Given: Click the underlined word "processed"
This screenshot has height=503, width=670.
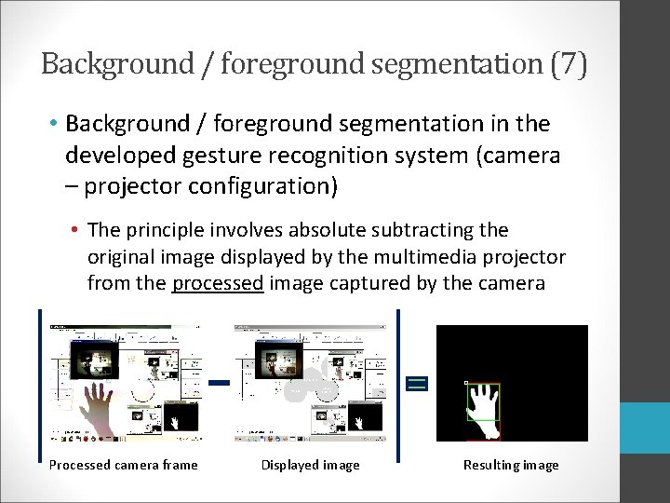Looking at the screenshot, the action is (218, 283).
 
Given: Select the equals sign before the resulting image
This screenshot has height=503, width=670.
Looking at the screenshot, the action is (417, 383).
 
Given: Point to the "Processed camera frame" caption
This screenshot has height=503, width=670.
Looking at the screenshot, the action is (124, 465).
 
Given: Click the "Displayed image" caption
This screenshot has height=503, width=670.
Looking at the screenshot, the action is (310, 465).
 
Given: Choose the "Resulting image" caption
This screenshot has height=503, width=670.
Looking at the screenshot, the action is (511, 465).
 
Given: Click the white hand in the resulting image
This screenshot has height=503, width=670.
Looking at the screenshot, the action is (483, 405).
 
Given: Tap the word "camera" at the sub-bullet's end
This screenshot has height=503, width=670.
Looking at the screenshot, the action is (515, 283).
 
